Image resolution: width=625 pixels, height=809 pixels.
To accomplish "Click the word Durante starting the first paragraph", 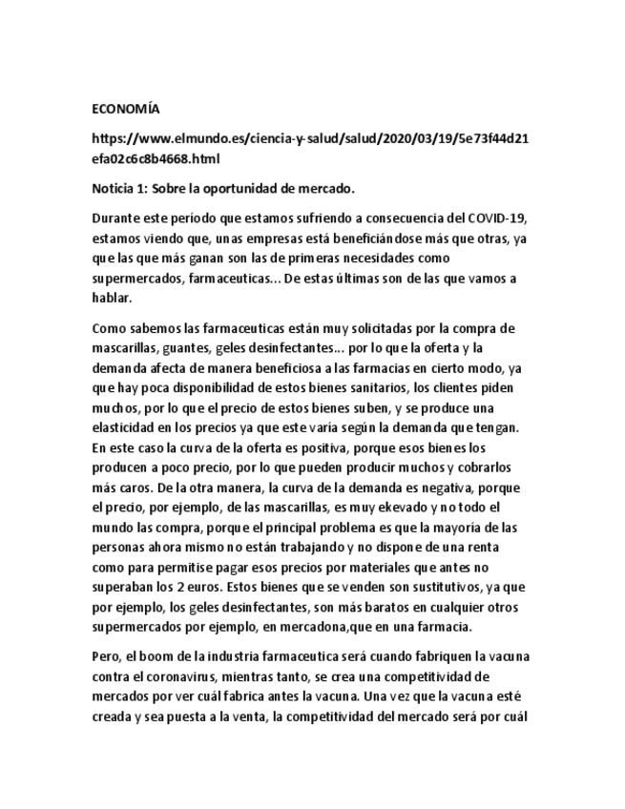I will point(115,219).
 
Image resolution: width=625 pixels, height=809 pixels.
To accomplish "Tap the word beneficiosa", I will point(256,367).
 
